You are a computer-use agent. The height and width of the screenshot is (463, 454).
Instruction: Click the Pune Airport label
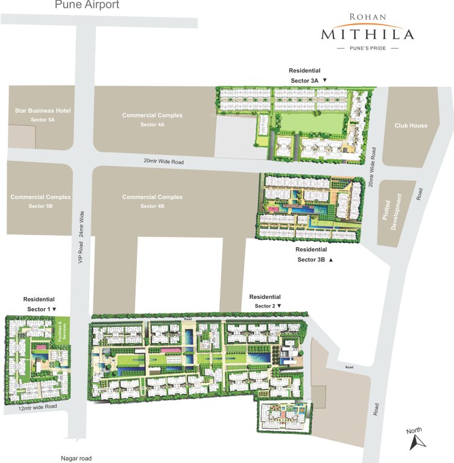click(87, 5)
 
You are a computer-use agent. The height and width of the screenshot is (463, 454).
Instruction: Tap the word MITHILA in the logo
click(367, 34)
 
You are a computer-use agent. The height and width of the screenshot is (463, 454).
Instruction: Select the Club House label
click(411, 126)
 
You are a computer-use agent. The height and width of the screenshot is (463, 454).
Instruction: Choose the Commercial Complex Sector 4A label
click(152, 119)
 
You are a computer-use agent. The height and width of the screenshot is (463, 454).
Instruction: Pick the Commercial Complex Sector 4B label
click(152, 201)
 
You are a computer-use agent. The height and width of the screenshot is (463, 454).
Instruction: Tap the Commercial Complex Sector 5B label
click(40, 201)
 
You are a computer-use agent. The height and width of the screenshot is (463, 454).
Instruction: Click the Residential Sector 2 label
click(265, 301)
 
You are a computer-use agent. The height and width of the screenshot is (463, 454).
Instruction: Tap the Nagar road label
click(78, 458)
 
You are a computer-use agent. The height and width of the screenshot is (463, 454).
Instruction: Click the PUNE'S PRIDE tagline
click(367, 48)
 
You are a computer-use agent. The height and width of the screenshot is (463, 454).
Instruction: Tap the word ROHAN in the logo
click(367, 17)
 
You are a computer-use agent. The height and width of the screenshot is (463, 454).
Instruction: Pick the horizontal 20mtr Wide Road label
click(163, 162)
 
